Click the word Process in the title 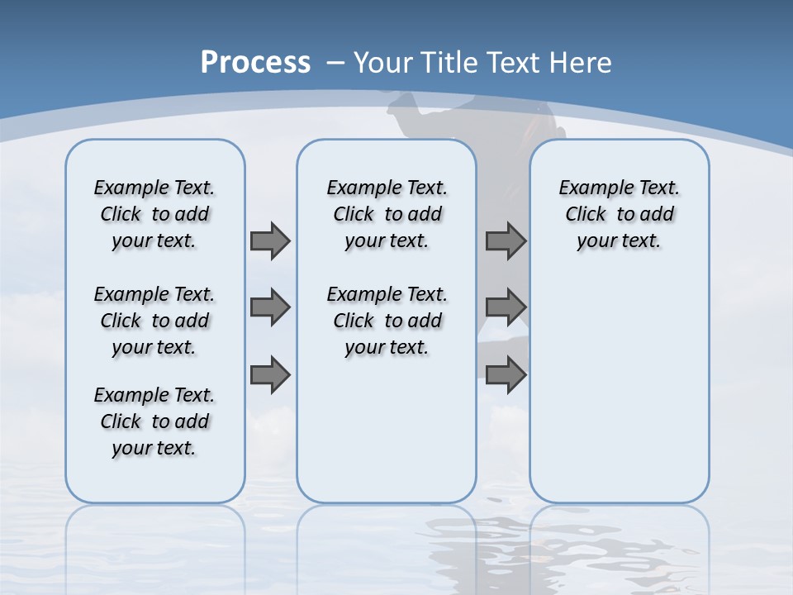point(255,63)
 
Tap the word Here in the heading point(582,63)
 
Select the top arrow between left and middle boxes point(270,240)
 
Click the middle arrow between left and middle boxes point(270,307)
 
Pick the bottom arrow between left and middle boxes point(270,374)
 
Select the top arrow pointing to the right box point(506,240)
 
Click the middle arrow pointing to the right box point(506,307)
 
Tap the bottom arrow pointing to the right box point(506,374)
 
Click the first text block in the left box point(154,214)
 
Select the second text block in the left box point(154,321)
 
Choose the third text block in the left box point(154,421)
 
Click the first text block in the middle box point(387,214)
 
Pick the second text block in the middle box point(387,321)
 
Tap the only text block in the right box point(619,214)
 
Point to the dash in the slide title point(336,64)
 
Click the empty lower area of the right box point(619,388)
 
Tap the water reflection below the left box point(155,545)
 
